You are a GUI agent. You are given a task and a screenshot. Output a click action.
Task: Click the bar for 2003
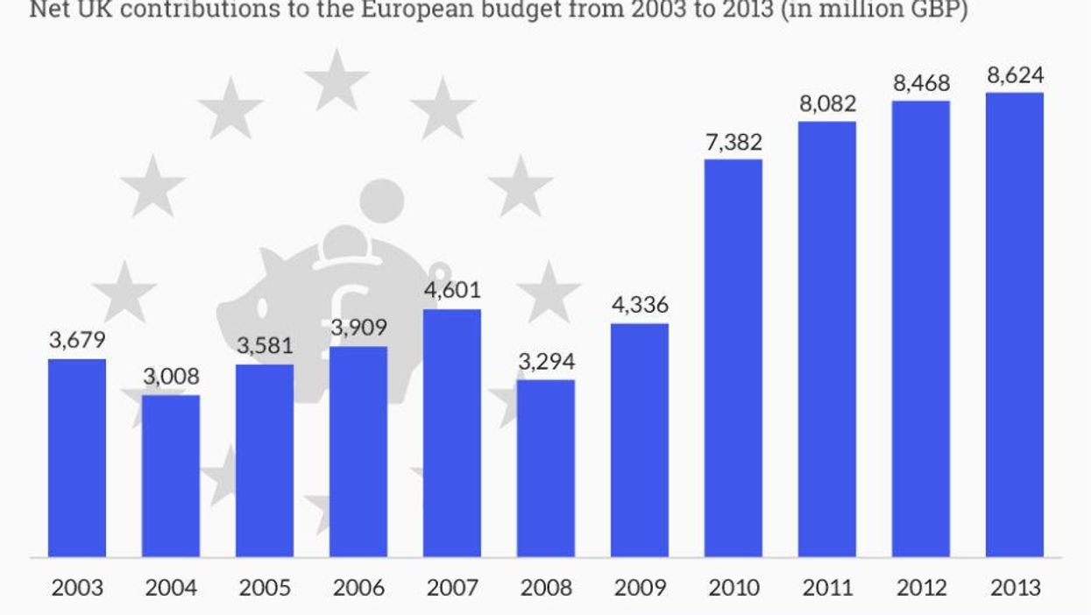(x=77, y=457)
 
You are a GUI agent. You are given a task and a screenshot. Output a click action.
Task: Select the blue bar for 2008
(x=545, y=468)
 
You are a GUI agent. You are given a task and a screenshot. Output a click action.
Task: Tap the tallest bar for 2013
(x=1015, y=324)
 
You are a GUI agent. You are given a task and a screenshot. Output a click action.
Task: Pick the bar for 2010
(x=733, y=357)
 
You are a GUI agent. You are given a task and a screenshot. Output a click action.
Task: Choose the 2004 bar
(x=171, y=476)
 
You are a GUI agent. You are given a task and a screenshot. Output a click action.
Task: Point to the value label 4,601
(x=451, y=290)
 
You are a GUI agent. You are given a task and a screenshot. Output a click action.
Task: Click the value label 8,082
(x=826, y=103)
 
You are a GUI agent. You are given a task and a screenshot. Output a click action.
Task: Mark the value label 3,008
(x=171, y=377)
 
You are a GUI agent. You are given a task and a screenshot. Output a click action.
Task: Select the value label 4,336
(x=639, y=305)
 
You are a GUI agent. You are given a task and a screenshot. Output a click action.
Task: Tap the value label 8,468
(x=920, y=83)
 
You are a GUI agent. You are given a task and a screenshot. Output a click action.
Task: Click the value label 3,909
(x=358, y=329)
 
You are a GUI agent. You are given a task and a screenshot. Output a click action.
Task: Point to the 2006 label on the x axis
(x=358, y=587)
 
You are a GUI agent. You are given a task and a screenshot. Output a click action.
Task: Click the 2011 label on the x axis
(x=826, y=587)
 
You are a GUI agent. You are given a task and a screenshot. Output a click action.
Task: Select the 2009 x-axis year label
(x=639, y=587)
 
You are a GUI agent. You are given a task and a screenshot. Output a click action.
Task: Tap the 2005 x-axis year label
(x=264, y=587)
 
